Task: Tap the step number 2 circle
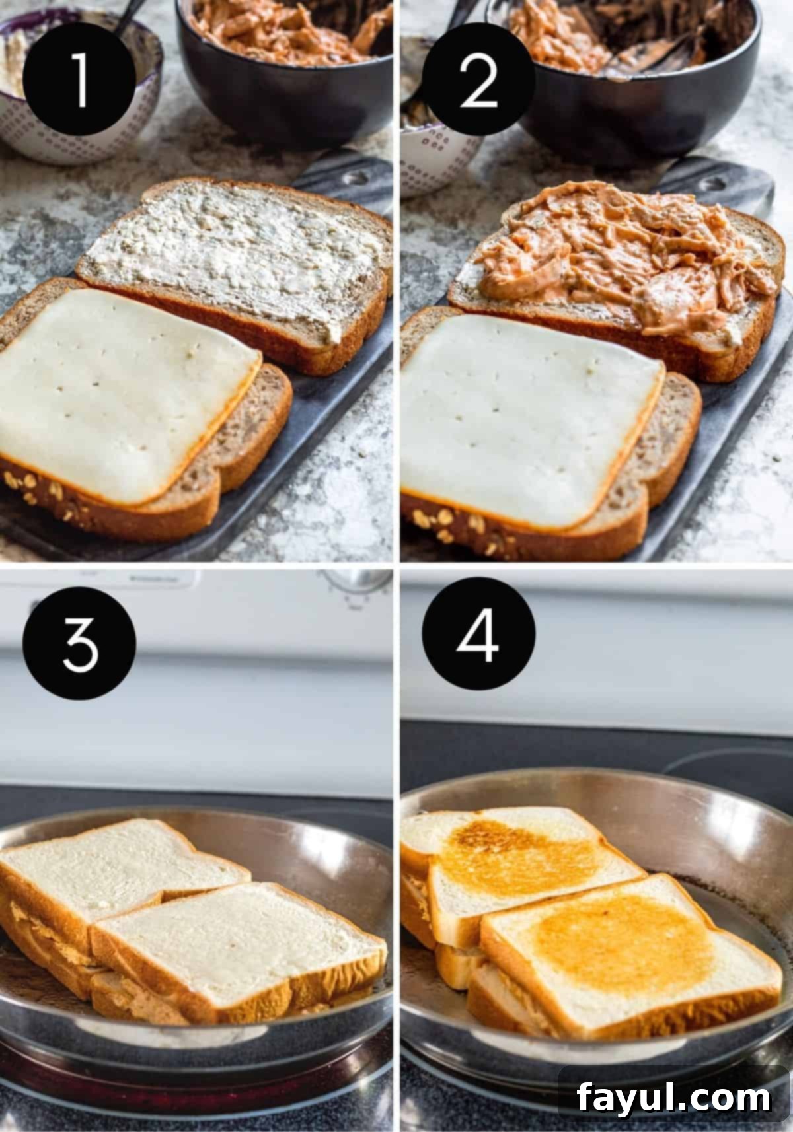tap(478, 81)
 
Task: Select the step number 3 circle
tap(79, 643)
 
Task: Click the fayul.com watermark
tap(673, 1098)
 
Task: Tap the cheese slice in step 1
tap(126, 396)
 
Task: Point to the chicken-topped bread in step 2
tap(621, 264)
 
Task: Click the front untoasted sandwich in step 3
tap(238, 944)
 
